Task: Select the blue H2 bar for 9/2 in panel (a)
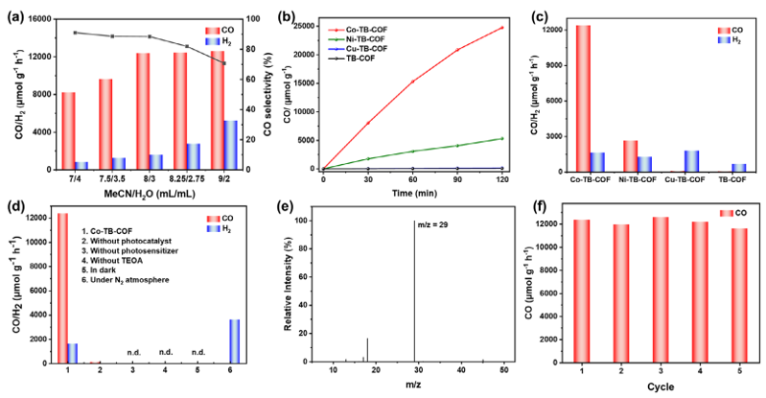click(x=230, y=145)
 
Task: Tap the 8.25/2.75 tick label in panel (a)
click(x=187, y=178)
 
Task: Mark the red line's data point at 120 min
click(x=502, y=28)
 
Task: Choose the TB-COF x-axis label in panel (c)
click(x=731, y=179)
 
